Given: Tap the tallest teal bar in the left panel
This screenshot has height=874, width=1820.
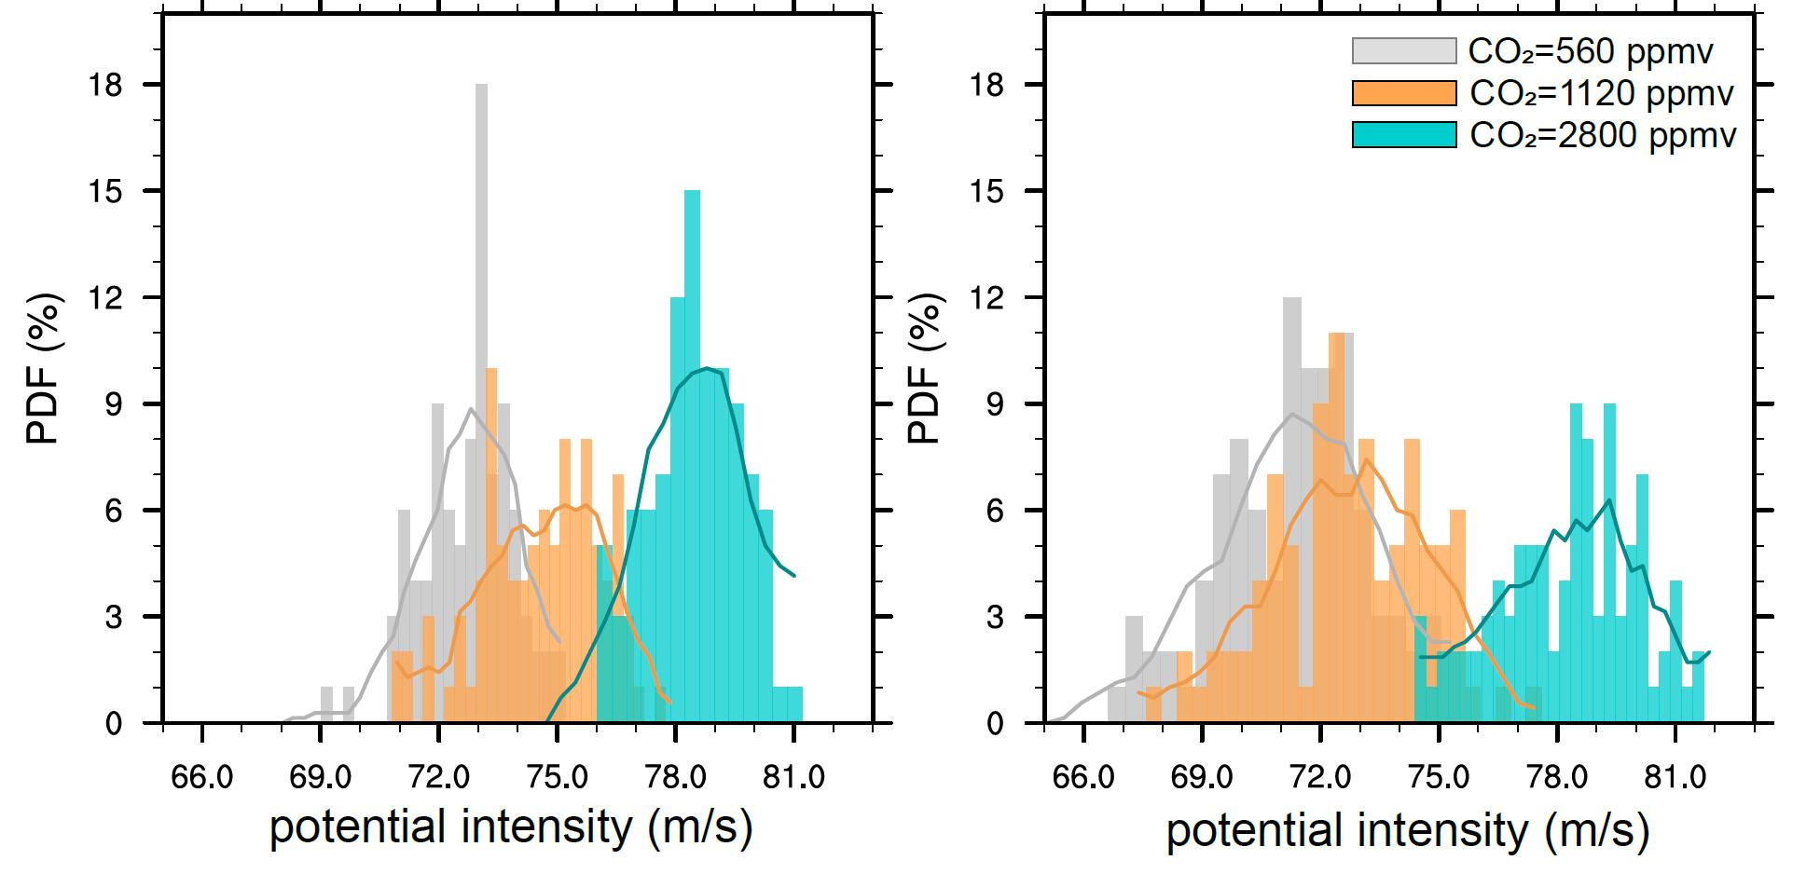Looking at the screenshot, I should point(692,447).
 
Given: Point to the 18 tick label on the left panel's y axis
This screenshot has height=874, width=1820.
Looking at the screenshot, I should point(109,85).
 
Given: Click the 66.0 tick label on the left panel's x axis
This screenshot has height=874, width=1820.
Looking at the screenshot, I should point(201,777).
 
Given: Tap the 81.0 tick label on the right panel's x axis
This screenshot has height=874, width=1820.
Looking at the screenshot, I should point(1675,777).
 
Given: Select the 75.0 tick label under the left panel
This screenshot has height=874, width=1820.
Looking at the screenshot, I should point(557,777).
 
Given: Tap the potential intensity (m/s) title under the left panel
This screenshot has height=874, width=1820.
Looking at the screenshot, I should point(511,828).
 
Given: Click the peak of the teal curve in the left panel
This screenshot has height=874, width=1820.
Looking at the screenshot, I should point(709,369).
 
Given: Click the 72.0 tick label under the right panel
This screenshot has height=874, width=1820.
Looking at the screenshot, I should point(1320,777).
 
